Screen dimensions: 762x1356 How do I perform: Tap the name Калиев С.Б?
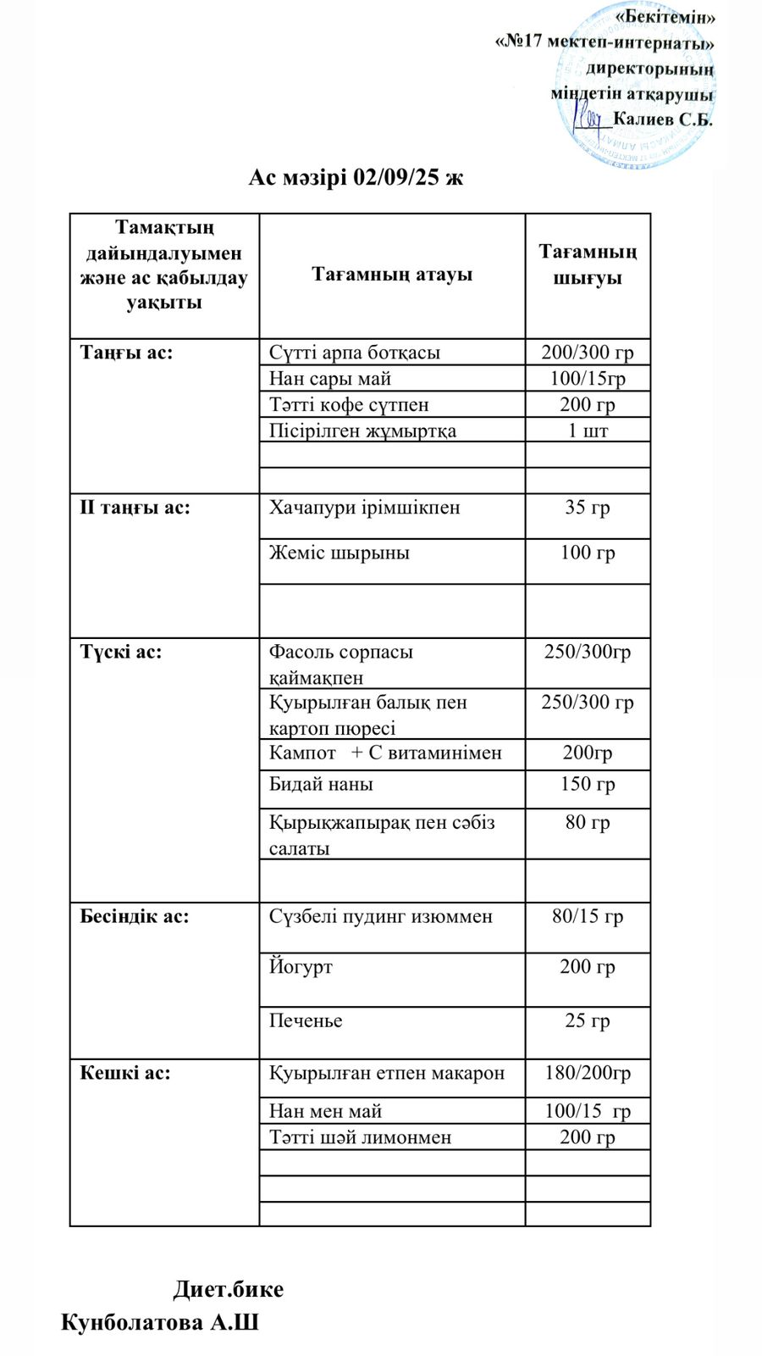[x=662, y=119]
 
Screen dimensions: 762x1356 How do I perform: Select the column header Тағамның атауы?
[x=392, y=275]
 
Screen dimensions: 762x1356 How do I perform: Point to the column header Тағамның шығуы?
[x=588, y=264]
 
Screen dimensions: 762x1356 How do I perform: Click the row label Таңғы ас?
[x=126, y=353]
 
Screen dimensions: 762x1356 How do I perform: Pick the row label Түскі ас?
[x=121, y=653]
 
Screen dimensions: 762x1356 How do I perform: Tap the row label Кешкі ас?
[x=125, y=1073]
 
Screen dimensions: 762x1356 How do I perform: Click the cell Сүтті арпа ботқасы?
[x=355, y=353]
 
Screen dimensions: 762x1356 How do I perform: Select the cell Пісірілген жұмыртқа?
[x=362, y=431]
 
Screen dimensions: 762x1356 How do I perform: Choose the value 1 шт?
[x=588, y=431]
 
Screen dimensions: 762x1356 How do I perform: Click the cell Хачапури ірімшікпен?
[x=365, y=508]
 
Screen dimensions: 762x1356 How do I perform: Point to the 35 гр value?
[x=588, y=508]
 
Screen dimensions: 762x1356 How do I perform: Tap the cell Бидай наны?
[x=321, y=785]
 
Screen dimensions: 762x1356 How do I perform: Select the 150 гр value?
[x=588, y=785]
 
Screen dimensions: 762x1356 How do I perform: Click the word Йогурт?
[x=301, y=967]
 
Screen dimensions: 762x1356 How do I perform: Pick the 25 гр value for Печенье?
[x=588, y=1021]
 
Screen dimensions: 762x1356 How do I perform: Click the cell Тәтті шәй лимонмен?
[x=361, y=1137]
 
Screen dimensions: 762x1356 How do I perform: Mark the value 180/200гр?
[x=588, y=1073]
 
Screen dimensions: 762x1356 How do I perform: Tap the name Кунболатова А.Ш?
[x=160, y=1323]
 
